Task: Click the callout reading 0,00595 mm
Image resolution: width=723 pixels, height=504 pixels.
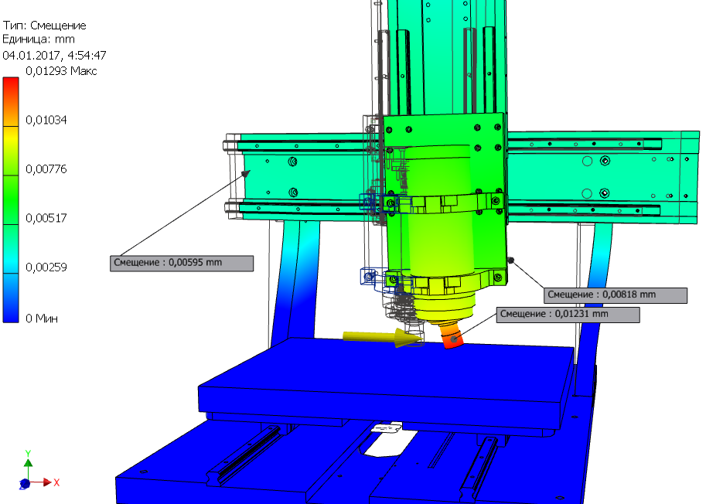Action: pos(182,264)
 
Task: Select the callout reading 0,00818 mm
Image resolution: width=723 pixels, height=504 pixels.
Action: pos(615,295)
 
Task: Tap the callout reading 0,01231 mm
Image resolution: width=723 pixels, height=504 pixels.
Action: pos(568,315)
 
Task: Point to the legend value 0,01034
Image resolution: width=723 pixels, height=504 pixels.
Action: pos(46,121)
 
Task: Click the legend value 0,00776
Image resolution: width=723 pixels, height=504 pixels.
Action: pos(46,169)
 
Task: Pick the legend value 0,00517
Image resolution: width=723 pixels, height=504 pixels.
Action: pos(46,218)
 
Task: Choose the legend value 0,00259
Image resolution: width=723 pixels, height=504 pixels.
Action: pos(46,267)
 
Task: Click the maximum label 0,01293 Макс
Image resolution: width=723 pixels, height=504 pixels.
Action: pos(61,71)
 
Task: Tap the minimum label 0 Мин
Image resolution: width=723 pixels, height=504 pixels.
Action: pos(42,318)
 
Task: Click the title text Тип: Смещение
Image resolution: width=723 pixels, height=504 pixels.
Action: pos(44,26)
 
